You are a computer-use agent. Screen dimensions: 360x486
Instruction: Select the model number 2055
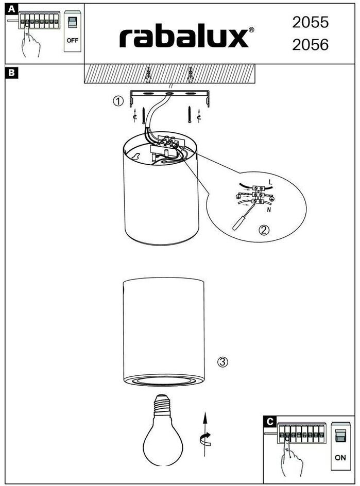tap(310, 22)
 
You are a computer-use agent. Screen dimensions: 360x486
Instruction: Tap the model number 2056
tap(310, 45)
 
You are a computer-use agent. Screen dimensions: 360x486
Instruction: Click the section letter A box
tap(11, 9)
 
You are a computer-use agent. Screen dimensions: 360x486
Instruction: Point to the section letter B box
tap(12, 73)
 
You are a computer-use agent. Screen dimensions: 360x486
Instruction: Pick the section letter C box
tap(270, 422)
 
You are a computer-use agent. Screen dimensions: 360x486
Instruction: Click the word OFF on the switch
tap(72, 40)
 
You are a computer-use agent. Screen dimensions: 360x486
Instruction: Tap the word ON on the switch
tap(340, 458)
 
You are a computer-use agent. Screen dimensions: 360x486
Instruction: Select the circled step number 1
tap(118, 101)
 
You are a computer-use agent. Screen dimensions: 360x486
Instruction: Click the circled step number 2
tap(264, 230)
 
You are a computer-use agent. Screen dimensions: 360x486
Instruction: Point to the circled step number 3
tap(222, 362)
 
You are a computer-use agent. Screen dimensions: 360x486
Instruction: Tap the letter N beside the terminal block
tap(268, 210)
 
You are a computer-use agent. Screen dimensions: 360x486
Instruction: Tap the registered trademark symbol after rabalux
tap(251, 30)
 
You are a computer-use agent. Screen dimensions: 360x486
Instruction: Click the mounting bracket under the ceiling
tap(169, 97)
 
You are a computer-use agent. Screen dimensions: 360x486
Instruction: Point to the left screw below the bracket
tap(144, 115)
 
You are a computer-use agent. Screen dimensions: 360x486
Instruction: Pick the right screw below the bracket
tap(190, 114)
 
